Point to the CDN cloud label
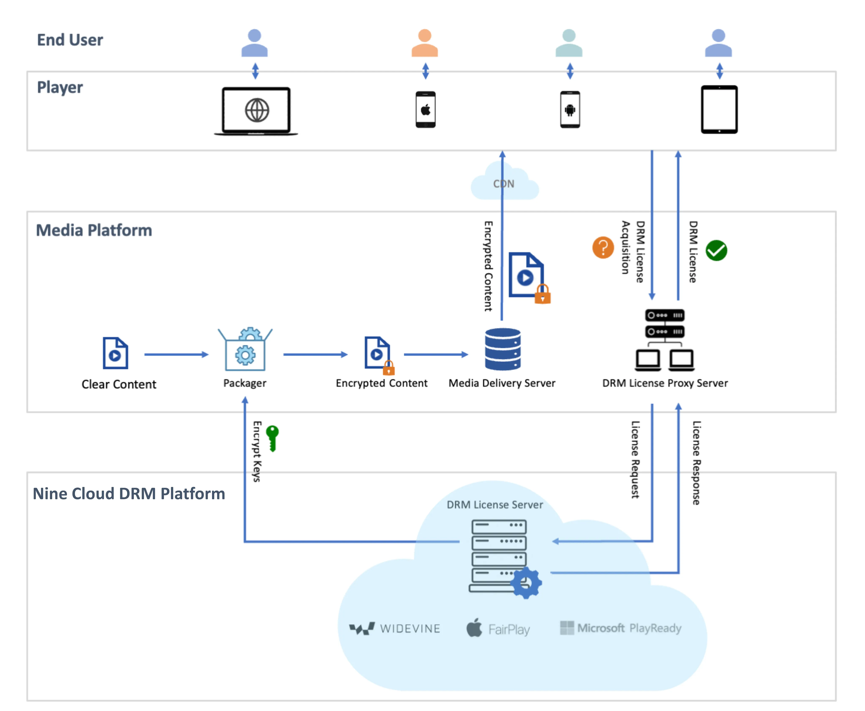point(504,184)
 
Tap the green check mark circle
point(716,250)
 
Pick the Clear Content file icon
point(115,353)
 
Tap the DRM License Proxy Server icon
point(665,340)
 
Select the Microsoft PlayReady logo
point(620,628)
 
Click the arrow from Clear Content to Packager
point(176,354)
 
